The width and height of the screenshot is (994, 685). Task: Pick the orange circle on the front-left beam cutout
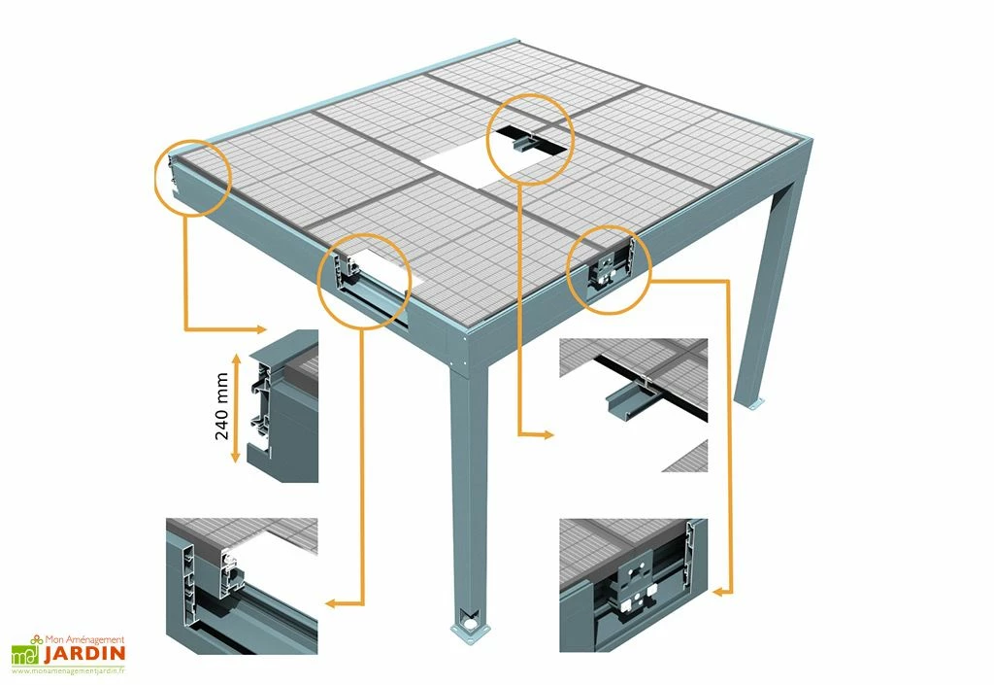[364, 281]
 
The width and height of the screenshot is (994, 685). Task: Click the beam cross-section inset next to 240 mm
[283, 405]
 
